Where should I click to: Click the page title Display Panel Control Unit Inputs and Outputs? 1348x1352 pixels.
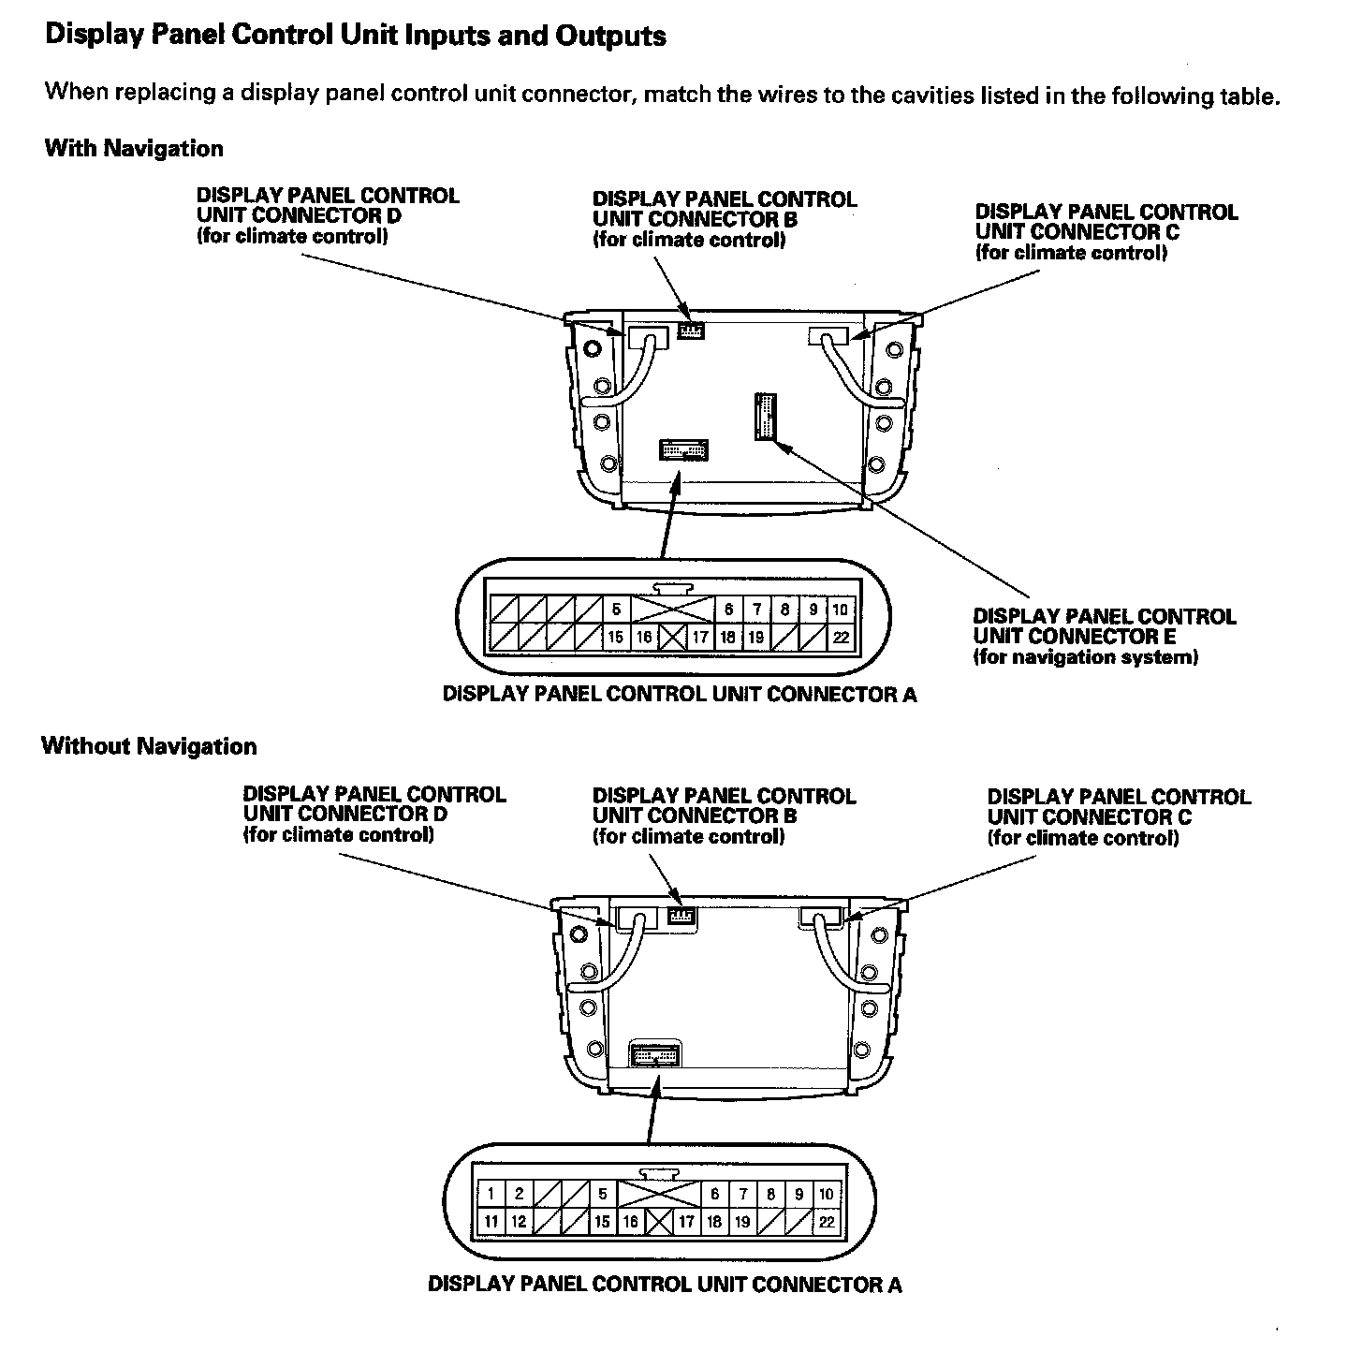coord(356,37)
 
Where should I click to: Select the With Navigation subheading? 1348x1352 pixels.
coord(134,148)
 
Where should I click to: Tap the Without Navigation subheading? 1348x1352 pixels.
coord(149,746)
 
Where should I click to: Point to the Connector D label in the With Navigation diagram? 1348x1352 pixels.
coord(328,215)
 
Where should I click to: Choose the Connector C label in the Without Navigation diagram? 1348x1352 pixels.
coord(1119,817)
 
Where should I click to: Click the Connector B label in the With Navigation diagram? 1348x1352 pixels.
coord(724,219)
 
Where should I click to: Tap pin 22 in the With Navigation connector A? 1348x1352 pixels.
coord(841,638)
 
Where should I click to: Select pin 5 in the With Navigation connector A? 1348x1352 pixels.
coord(616,610)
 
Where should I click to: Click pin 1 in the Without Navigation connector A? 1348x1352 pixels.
coord(491,1194)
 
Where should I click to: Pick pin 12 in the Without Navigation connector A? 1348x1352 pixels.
coord(519,1222)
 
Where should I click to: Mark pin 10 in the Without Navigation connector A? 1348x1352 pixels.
coord(827,1194)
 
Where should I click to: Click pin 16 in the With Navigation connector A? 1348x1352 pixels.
coord(644,638)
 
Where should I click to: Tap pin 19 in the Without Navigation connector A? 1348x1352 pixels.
coord(742,1222)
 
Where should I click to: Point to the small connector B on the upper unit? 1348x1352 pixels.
coord(691,331)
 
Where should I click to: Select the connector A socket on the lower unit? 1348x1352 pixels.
coord(656,1054)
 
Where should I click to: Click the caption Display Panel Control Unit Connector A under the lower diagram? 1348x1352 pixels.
coord(665,1284)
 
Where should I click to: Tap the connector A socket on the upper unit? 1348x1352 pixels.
coord(684,449)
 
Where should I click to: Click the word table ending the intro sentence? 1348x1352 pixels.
coord(1249,96)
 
